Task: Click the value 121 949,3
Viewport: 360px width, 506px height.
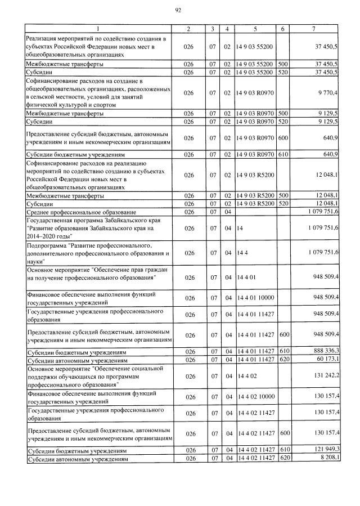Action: point(323,451)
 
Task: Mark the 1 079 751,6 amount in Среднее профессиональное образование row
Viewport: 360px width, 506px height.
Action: point(322,212)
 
